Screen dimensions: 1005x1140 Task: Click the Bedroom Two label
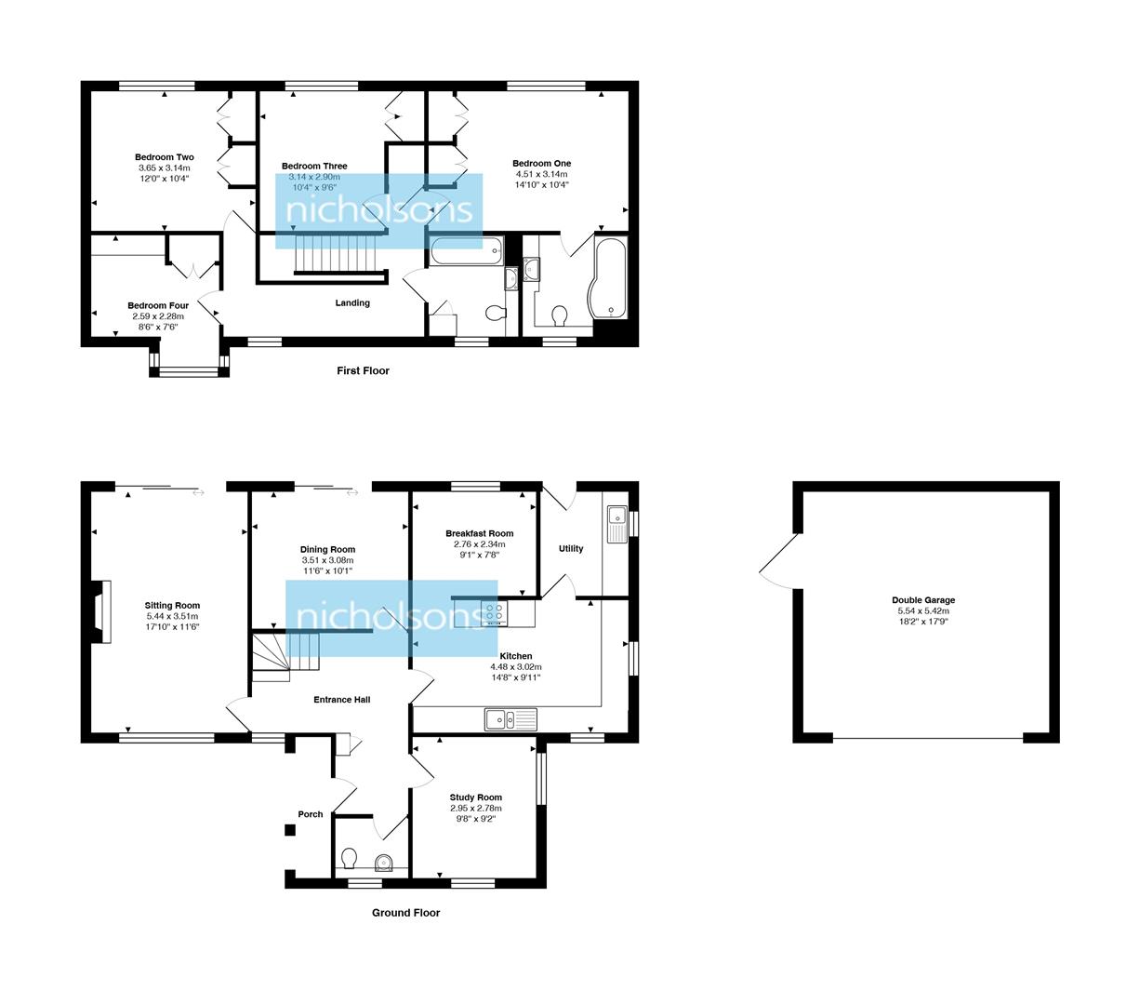coord(164,157)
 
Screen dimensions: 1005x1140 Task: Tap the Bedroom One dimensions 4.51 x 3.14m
coord(541,174)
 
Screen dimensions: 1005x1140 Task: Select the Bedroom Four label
coord(158,305)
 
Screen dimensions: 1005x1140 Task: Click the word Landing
coord(352,302)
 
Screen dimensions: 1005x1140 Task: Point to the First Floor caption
coord(363,370)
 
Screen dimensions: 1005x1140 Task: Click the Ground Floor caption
coord(405,913)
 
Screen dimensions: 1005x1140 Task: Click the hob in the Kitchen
coord(494,614)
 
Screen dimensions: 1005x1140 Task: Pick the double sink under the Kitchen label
coord(510,718)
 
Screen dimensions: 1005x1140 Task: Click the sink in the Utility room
coord(616,523)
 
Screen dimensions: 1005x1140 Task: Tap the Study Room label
coord(475,797)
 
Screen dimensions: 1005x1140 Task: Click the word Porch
coord(311,814)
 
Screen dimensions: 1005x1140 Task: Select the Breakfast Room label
coord(479,533)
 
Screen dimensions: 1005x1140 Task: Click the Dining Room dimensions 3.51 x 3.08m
coord(327,560)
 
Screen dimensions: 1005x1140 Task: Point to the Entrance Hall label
coord(341,699)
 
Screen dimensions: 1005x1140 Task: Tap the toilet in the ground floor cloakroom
coord(350,856)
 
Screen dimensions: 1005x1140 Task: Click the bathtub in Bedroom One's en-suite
coord(609,277)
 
